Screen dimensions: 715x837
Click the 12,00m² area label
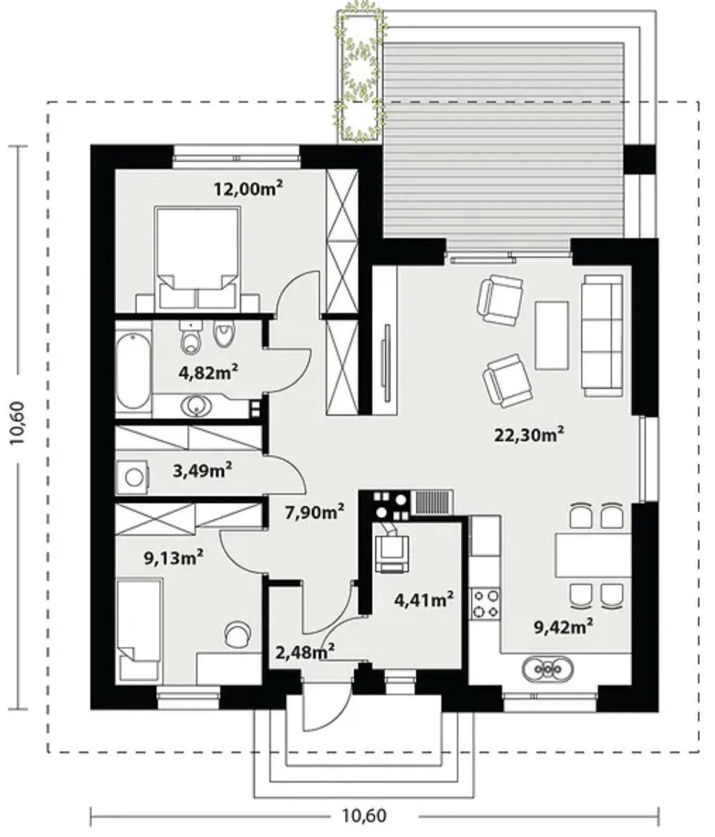pos(248,188)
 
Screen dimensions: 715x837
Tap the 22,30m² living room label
pos(529,435)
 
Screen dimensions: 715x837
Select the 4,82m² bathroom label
pos(208,372)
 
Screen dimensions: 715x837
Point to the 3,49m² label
pos(202,471)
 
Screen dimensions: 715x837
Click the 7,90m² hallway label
pos(314,513)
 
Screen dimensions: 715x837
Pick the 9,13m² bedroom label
pos(173,558)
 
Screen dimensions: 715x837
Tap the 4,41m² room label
pos(424,599)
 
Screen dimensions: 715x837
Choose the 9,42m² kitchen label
pos(563,627)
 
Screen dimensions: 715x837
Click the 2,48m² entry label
pos(305,652)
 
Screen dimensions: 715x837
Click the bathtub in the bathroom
pos(133,370)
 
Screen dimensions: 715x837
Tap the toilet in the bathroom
pos(191,338)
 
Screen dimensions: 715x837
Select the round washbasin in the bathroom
pos(197,405)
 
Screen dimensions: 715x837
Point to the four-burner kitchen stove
pos(485,603)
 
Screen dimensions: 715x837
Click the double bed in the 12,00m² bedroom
pos(197,258)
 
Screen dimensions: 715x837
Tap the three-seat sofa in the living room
pos(602,336)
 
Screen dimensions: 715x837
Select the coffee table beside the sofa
pos(551,335)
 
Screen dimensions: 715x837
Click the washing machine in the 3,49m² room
pos(132,477)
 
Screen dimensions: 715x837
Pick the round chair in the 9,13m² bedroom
pos(238,634)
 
